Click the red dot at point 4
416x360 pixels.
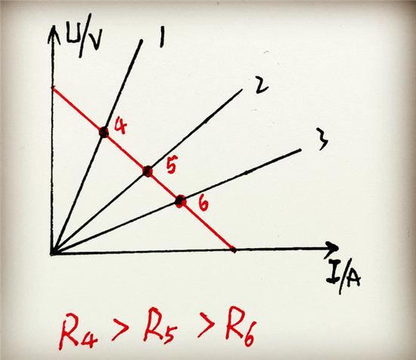click(104, 132)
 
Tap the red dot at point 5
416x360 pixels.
click(147, 171)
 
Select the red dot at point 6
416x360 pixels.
click(181, 201)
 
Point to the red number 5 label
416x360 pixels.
click(171, 166)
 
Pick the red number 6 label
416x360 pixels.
click(203, 203)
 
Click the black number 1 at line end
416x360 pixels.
click(162, 38)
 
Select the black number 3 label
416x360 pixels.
click(322, 138)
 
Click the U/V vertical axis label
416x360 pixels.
click(82, 41)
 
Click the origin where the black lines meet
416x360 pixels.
click(52, 253)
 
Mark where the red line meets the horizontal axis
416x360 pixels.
click(233, 250)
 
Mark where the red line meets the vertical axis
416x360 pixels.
click(53, 88)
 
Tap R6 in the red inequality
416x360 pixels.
click(240, 326)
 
